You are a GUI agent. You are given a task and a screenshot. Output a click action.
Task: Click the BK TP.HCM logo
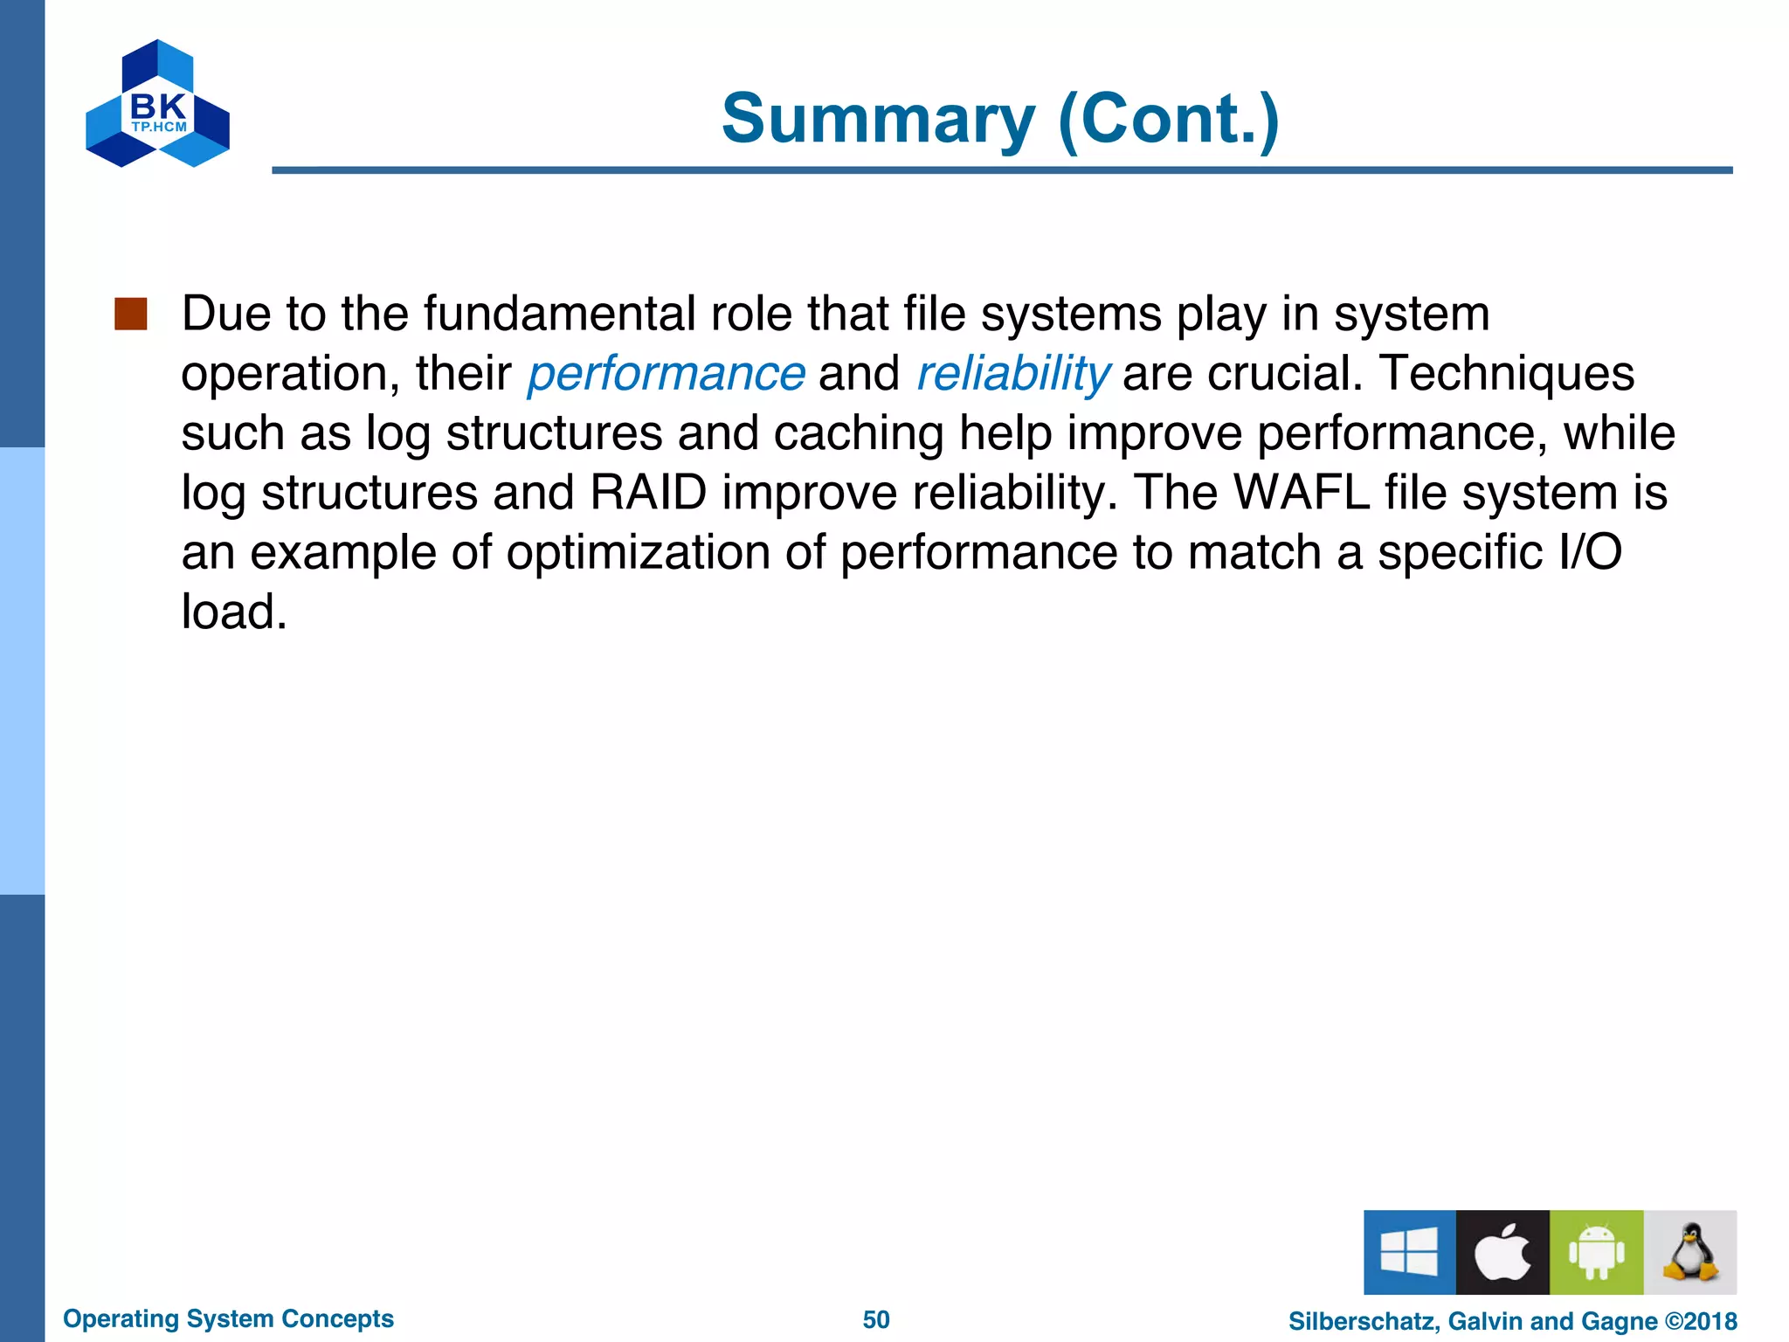coord(157,104)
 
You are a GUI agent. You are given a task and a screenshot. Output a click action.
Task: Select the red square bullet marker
coord(130,314)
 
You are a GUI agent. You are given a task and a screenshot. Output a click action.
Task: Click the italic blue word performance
coord(666,374)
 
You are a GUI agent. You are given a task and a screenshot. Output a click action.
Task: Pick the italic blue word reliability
coord(1012,374)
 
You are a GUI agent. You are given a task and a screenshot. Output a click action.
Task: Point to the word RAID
coord(648,493)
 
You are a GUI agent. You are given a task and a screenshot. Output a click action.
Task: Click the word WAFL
coord(1301,493)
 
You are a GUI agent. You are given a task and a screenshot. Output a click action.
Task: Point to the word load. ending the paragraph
coord(234,612)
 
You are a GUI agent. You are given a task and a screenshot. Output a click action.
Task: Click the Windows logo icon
coord(1409,1251)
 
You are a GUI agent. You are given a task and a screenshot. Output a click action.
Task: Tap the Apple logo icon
coord(1502,1251)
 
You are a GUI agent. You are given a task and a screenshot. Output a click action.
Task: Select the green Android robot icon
coord(1596,1251)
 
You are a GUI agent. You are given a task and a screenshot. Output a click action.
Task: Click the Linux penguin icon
coord(1689,1251)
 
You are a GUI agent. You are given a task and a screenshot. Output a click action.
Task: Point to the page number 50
coord(876,1319)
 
